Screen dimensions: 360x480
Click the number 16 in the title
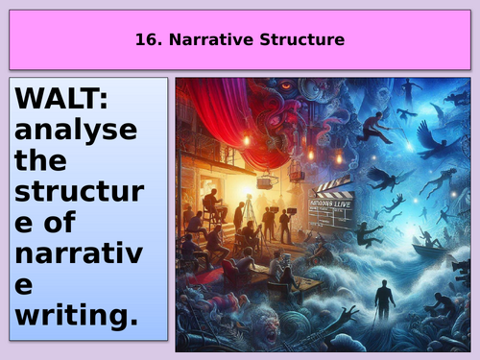pos(141,40)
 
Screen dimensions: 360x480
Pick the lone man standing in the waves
pos(384,299)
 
